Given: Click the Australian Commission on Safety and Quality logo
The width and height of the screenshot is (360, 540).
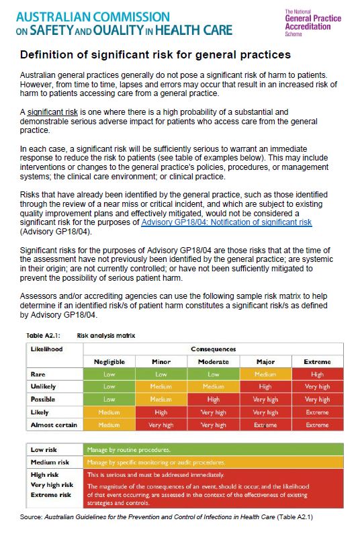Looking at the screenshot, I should click(121, 22).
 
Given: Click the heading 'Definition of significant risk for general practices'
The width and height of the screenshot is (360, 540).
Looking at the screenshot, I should click(155, 54).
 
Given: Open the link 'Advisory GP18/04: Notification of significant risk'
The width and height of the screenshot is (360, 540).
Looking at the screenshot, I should click(226, 222).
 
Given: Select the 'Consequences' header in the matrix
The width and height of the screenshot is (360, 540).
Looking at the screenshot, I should click(214, 349).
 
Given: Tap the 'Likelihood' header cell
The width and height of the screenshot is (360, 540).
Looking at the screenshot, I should click(46, 349).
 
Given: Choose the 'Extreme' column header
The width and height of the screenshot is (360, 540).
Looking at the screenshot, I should click(317, 361).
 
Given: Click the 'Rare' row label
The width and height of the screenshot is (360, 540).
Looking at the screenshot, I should click(38, 374).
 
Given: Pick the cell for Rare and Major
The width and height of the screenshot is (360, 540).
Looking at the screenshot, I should click(265, 374).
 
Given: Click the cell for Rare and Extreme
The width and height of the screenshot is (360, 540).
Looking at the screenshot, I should click(317, 374).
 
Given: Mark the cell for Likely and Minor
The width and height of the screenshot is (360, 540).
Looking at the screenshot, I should click(161, 412).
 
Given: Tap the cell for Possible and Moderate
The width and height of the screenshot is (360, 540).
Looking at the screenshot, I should click(214, 400).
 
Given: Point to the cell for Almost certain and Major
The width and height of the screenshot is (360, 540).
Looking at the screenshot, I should click(265, 424).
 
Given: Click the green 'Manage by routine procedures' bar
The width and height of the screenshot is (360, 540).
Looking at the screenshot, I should click(213, 449).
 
